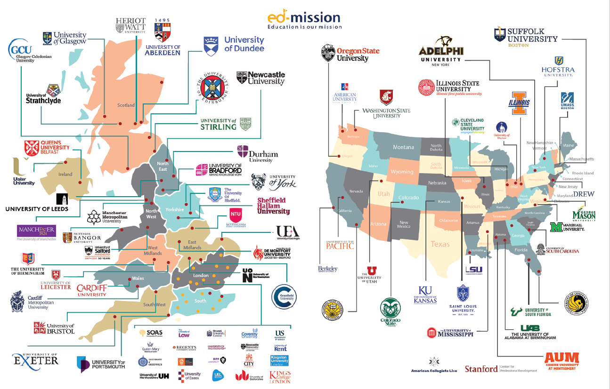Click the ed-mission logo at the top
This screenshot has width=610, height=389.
pos(304,20)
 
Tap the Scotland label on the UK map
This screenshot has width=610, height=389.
pos(126,105)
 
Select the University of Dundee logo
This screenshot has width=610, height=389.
pos(234,44)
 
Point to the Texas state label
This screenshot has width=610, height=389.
pos(440,244)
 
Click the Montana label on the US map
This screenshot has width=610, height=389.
pos(403,147)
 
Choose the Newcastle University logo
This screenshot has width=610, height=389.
pos(261,78)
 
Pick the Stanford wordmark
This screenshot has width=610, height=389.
pos(481,369)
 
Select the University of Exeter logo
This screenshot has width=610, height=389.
pos(36,360)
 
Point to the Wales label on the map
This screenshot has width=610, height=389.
pos(138,278)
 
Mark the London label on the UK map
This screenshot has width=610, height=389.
pos(201,275)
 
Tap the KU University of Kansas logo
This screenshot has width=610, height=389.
pos(425,295)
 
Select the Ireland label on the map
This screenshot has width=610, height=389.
pos(65,174)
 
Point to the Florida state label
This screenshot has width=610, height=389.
pos(521,250)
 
